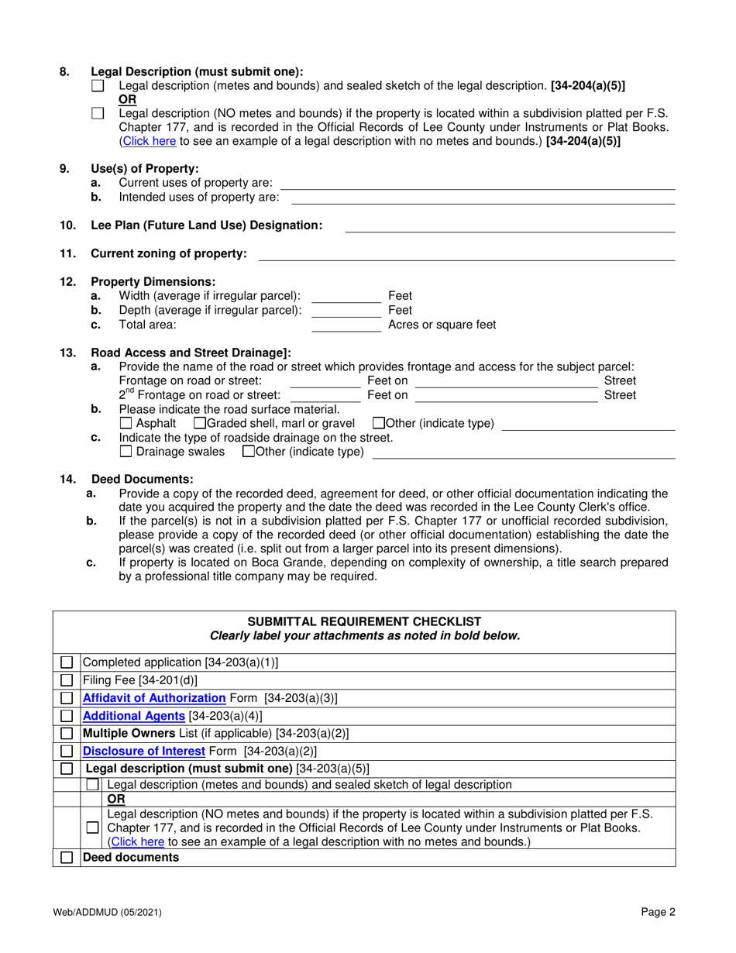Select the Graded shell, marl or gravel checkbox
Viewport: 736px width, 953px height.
[x=199, y=424]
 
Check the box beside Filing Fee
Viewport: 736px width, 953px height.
[x=67, y=680]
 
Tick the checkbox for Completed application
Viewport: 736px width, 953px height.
[x=67, y=662]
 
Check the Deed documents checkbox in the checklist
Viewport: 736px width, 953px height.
[x=67, y=858]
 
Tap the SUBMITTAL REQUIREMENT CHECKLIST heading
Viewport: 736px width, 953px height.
[x=364, y=621]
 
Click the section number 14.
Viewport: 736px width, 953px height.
[x=68, y=479]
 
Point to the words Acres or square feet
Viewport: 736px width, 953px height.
[x=442, y=325]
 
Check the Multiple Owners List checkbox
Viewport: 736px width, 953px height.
[x=67, y=733]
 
